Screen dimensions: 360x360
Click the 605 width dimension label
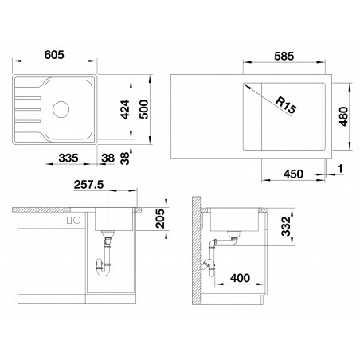(x=54, y=55)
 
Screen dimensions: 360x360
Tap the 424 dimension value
(x=125, y=109)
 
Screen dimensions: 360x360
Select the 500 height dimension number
(x=143, y=109)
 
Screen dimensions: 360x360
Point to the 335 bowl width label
(x=68, y=158)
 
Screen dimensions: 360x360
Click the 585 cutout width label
(x=284, y=57)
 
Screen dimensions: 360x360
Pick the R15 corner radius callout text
(x=285, y=105)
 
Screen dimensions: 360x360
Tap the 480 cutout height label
(x=343, y=116)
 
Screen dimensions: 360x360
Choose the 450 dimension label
(x=293, y=174)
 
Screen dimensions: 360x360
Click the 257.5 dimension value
(x=88, y=185)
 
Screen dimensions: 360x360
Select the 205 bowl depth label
(x=160, y=218)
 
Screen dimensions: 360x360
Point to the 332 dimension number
(x=287, y=226)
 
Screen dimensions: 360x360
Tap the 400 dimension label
(x=240, y=278)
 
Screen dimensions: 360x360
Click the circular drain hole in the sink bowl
(x=61, y=109)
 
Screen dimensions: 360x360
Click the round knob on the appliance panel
(x=76, y=220)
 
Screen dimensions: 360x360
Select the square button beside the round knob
(x=69, y=220)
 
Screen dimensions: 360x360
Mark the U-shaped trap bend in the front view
(x=104, y=272)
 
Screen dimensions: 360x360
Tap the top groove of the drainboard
(x=28, y=98)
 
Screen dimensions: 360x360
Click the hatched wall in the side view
(x=196, y=251)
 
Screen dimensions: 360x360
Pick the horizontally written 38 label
(x=108, y=158)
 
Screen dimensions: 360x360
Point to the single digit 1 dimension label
(x=340, y=169)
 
